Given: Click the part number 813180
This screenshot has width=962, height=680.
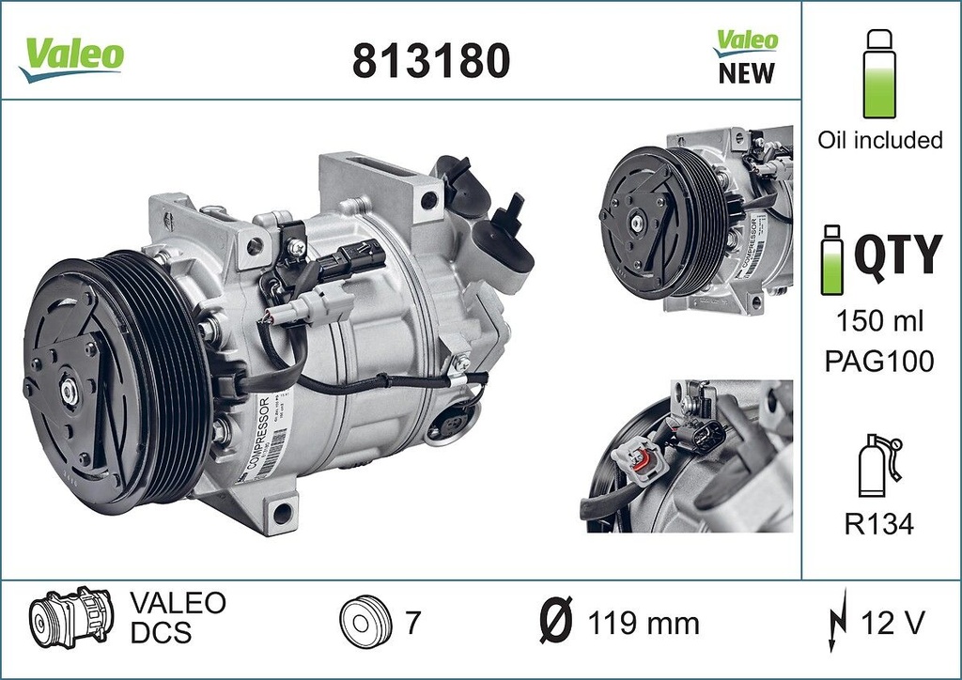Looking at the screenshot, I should [x=430, y=62].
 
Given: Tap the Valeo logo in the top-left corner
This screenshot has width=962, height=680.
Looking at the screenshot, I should [x=71, y=56].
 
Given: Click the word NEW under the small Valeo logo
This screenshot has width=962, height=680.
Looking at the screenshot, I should [x=747, y=73].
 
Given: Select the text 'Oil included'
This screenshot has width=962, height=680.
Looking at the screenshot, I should [x=879, y=140].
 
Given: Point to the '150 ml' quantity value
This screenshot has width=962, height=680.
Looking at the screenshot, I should [x=880, y=320].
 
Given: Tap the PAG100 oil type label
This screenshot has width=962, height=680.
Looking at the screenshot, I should [x=880, y=362].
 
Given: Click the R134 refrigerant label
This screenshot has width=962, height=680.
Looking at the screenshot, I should [x=880, y=524].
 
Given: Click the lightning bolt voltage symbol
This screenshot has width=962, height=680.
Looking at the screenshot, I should [x=832, y=621].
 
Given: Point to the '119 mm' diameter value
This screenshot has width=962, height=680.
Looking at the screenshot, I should [x=643, y=622].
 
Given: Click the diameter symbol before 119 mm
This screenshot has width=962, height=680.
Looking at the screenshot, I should [x=557, y=621].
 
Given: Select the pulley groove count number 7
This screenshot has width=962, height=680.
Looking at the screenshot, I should [x=411, y=622].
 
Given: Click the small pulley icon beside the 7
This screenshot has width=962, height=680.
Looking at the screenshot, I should [x=362, y=622].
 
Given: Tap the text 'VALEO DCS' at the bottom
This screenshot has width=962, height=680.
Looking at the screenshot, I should [x=176, y=617].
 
